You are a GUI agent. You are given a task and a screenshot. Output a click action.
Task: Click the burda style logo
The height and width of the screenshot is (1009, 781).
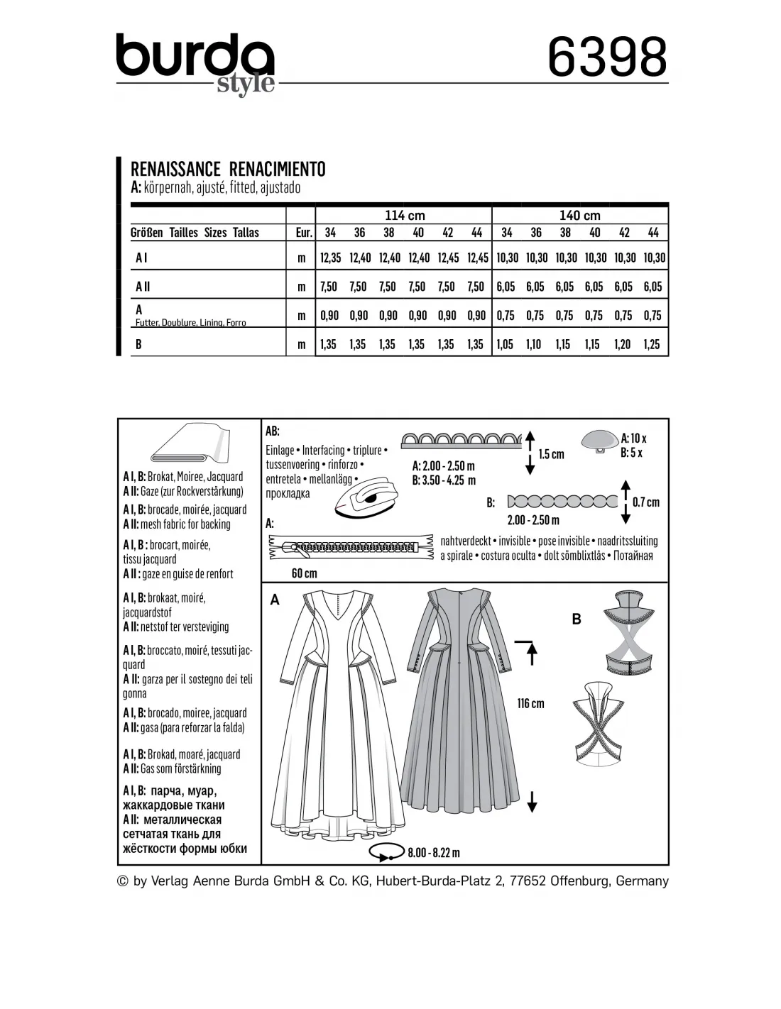tap(195, 62)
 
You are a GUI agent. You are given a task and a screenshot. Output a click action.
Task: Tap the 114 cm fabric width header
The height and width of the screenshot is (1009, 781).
tap(404, 215)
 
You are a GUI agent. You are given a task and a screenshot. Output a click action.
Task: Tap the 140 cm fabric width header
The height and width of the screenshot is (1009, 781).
tap(579, 215)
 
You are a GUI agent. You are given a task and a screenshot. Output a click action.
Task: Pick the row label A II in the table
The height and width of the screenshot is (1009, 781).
tap(143, 287)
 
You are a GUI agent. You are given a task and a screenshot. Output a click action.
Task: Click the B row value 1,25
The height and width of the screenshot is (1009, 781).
tap(652, 344)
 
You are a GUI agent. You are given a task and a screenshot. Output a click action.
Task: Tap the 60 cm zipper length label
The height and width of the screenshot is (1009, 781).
tap(305, 573)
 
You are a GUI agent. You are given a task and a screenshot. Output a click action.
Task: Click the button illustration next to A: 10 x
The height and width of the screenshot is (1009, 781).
tap(599, 441)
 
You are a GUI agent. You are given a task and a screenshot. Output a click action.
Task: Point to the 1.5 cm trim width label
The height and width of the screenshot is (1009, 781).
tap(552, 454)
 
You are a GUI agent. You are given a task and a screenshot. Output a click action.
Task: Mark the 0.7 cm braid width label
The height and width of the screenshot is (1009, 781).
tap(645, 502)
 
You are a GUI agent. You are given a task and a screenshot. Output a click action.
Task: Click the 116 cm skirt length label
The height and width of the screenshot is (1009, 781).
tap(530, 703)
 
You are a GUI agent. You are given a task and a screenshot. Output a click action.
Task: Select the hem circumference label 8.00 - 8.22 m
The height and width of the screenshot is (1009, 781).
tap(434, 853)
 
